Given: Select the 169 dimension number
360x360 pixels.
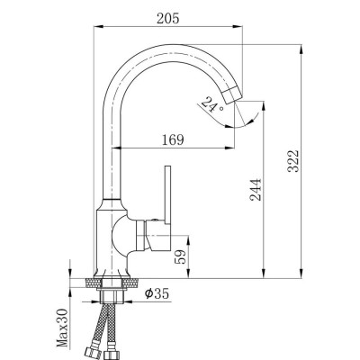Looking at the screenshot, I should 174,139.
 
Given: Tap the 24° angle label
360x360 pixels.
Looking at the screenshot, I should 211,107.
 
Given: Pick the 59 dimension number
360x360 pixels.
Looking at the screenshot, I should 181,256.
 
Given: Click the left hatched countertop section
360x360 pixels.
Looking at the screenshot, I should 87,282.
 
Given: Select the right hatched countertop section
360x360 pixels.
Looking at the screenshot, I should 136,282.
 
